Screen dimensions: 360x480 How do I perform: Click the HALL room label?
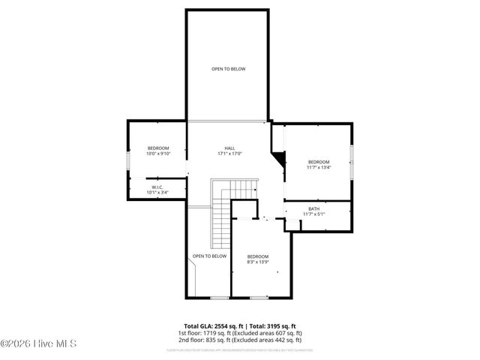click(x=229, y=148)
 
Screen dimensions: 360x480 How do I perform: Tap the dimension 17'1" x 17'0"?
click(x=229, y=154)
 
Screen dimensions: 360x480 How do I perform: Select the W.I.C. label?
click(x=157, y=187)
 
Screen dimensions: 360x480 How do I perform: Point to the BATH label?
click(x=313, y=209)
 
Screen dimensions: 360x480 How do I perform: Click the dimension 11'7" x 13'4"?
click(x=318, y=168)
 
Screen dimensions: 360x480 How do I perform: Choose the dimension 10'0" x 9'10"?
click(x=159, y=154)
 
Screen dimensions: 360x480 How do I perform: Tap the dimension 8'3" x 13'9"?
click(x=258, y=262)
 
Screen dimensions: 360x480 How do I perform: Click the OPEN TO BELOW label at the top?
click(x=228, y=69)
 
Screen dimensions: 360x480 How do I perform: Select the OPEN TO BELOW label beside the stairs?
click(x=209, y=256)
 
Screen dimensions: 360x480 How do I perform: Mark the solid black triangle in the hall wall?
click(x=280, y=159)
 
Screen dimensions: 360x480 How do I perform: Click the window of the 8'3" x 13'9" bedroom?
click(x=258, y=298)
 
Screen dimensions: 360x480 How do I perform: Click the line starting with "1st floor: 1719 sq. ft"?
click(x=239, y=332)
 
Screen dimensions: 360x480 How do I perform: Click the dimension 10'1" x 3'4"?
click(x=157, y=193)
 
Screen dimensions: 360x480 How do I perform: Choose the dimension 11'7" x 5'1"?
click(x=313, y=214)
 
